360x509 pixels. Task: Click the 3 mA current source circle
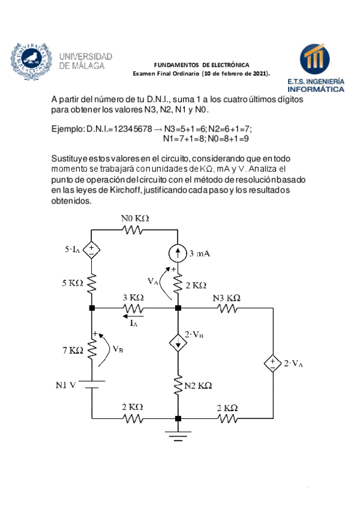pos(178,254)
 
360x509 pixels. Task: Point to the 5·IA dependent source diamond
pos(91,250)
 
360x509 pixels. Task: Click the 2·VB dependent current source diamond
pos(178,342)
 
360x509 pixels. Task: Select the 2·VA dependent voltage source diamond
pos(273,363)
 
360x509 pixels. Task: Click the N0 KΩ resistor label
pos(135,218)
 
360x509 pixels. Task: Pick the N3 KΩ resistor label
pos(227,297)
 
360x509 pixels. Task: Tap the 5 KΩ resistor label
pos(72,283)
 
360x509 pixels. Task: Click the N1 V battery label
pos(64,385)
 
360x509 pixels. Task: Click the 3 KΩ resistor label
pos(133,297)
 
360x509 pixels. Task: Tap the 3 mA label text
pos(200,254)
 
